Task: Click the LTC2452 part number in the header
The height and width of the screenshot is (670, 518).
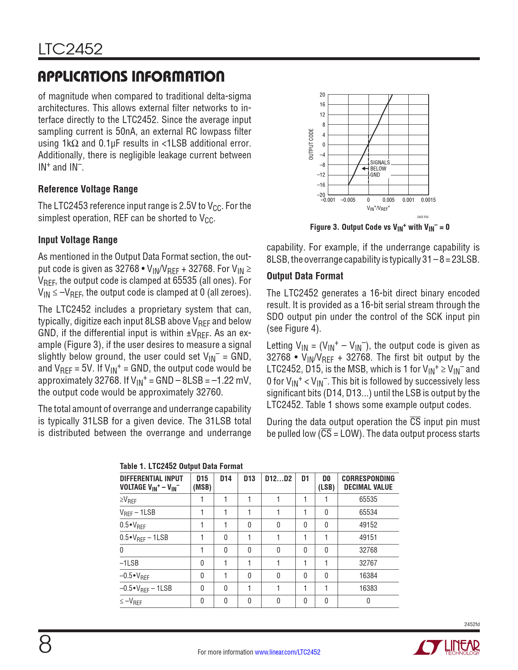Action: pos(70,50)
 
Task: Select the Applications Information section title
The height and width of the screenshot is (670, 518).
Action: pos(131,76)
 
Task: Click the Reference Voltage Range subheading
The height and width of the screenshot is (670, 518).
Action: pos(88,189)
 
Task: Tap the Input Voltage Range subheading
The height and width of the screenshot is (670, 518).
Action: pos(78,240)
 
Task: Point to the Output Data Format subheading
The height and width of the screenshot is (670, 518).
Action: pos(305,276)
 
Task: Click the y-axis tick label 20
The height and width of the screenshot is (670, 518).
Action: pos(322,95)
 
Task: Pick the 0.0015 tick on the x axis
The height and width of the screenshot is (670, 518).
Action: pos(428,200)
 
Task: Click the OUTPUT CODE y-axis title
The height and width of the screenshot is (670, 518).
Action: pos(311,144)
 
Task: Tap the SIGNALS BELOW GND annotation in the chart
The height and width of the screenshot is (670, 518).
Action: pos(379,169)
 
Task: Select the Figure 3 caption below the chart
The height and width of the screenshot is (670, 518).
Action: pos(379,227)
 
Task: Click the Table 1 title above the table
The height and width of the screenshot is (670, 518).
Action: pos(181,466)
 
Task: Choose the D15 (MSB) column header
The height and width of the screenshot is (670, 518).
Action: pos(202,483)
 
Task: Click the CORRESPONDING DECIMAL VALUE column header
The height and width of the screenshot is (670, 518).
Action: pos(368,483)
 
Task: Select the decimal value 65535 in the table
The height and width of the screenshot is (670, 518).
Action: pos(368,499)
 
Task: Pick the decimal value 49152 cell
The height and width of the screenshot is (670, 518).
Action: pos(368,525)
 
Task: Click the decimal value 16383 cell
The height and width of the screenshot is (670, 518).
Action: pos(368,588)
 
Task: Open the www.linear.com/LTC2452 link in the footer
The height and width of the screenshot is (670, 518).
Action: pos(287,652)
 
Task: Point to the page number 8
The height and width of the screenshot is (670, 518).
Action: pos(45,644)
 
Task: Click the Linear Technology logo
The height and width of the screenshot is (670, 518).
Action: pos(446,647)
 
